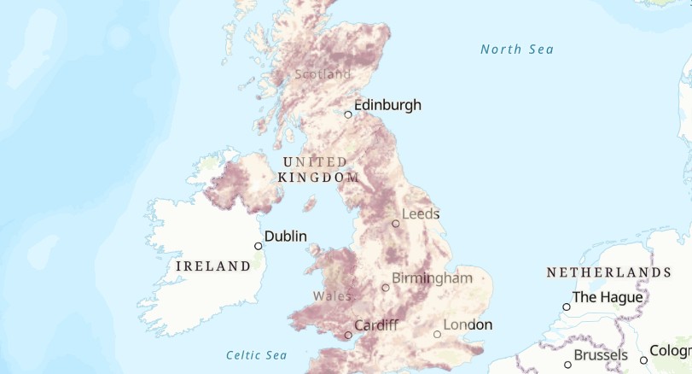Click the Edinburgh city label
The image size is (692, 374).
387,105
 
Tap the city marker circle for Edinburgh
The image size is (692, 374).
348,114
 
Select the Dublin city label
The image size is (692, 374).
286,237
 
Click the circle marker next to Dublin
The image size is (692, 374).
259,246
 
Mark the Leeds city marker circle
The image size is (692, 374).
396,224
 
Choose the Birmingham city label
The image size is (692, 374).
432,278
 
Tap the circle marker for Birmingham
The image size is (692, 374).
386,288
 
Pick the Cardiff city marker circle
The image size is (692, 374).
348,335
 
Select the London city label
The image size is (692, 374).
468,325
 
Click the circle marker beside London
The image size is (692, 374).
438,334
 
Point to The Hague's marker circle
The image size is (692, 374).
567,307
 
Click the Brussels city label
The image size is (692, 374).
601,355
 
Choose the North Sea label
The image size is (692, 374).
517,50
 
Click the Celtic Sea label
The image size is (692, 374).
256,355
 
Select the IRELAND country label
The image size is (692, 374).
213,266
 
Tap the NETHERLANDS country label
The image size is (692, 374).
608,272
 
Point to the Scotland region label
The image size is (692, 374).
323,74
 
